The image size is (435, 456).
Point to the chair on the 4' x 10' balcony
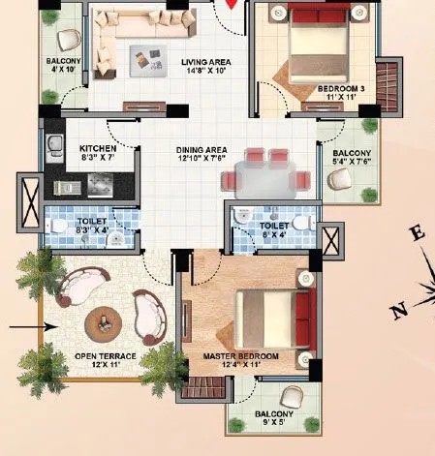point(69,40)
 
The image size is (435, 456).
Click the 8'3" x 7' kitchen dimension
point(97,158)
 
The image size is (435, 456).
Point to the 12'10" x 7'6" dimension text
point(202,160)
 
